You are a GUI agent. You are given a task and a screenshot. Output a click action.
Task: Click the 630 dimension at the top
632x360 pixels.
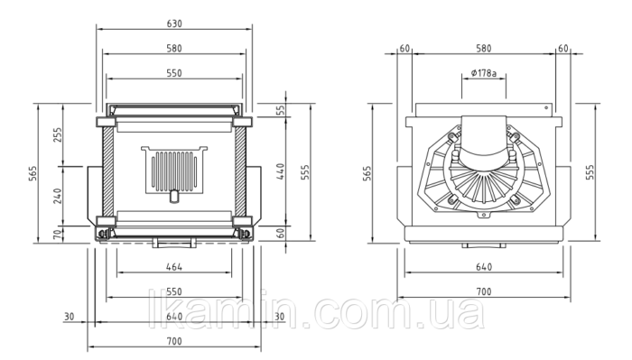tap(174, 23)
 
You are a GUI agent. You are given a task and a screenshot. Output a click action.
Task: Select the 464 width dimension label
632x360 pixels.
tap(174, 266)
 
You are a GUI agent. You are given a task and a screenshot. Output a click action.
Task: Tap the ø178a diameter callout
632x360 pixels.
tap(484, 73)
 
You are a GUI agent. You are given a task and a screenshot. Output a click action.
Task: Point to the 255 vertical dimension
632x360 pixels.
tap(58, 135)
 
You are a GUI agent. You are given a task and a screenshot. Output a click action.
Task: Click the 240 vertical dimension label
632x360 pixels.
tap(58, 196)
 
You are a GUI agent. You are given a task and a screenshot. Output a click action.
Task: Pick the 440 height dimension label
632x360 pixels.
tap(281, 171)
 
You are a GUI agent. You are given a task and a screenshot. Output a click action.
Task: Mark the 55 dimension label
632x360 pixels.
tap(281, 109)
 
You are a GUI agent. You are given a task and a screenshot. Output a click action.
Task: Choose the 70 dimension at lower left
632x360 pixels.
tap(59, 234)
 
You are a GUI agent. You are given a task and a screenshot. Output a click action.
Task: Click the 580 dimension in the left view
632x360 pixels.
tap(174, 49)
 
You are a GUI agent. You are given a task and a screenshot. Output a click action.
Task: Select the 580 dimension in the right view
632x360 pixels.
tap(484, 49)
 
